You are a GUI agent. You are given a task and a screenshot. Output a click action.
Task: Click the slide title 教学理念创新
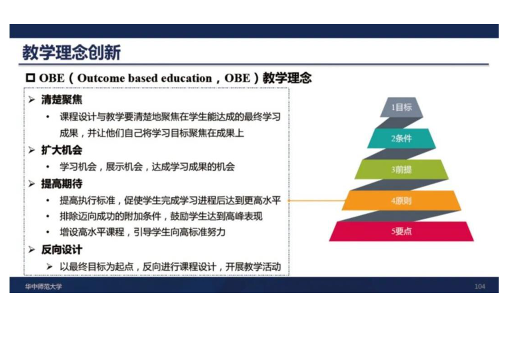[x=71, y=52]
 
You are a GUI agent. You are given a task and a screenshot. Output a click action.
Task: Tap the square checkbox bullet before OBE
[x=30, y=78]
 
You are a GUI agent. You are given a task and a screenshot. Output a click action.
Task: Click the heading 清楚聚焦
[x=62, y=99]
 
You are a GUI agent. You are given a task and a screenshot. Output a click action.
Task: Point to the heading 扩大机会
[x=62, y=150]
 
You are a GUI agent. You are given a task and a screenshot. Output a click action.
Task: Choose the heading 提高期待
[x=62, y=183]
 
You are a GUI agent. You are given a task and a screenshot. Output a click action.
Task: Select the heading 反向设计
[x=62, y=250]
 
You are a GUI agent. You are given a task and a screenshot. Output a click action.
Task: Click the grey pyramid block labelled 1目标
[x=401, y=107]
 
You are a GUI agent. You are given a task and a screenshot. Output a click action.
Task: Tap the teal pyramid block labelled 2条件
[x=401, y=138]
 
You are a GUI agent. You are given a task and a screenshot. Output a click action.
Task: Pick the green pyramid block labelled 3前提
[x=401, y=169]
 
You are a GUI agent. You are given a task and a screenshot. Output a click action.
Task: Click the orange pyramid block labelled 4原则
[x=401, y=201]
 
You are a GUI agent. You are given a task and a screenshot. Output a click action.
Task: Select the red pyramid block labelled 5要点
[x=401, y=232]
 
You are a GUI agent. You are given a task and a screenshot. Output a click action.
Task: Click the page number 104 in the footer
[x=480, y=286]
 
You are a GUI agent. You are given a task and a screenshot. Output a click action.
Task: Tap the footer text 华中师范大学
[x=44, y=286]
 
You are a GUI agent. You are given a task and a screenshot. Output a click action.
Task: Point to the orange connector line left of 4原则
[x=317, y=201]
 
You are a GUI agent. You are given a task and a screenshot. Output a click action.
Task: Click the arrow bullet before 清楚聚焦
[x=31, y=99]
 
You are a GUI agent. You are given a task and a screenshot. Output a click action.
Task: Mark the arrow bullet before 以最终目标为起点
[x=49, y=267]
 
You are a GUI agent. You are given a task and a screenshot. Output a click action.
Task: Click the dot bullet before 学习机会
[x=48, y=167]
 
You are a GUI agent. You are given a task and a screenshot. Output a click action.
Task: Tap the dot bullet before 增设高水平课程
[x=48, y=232]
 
